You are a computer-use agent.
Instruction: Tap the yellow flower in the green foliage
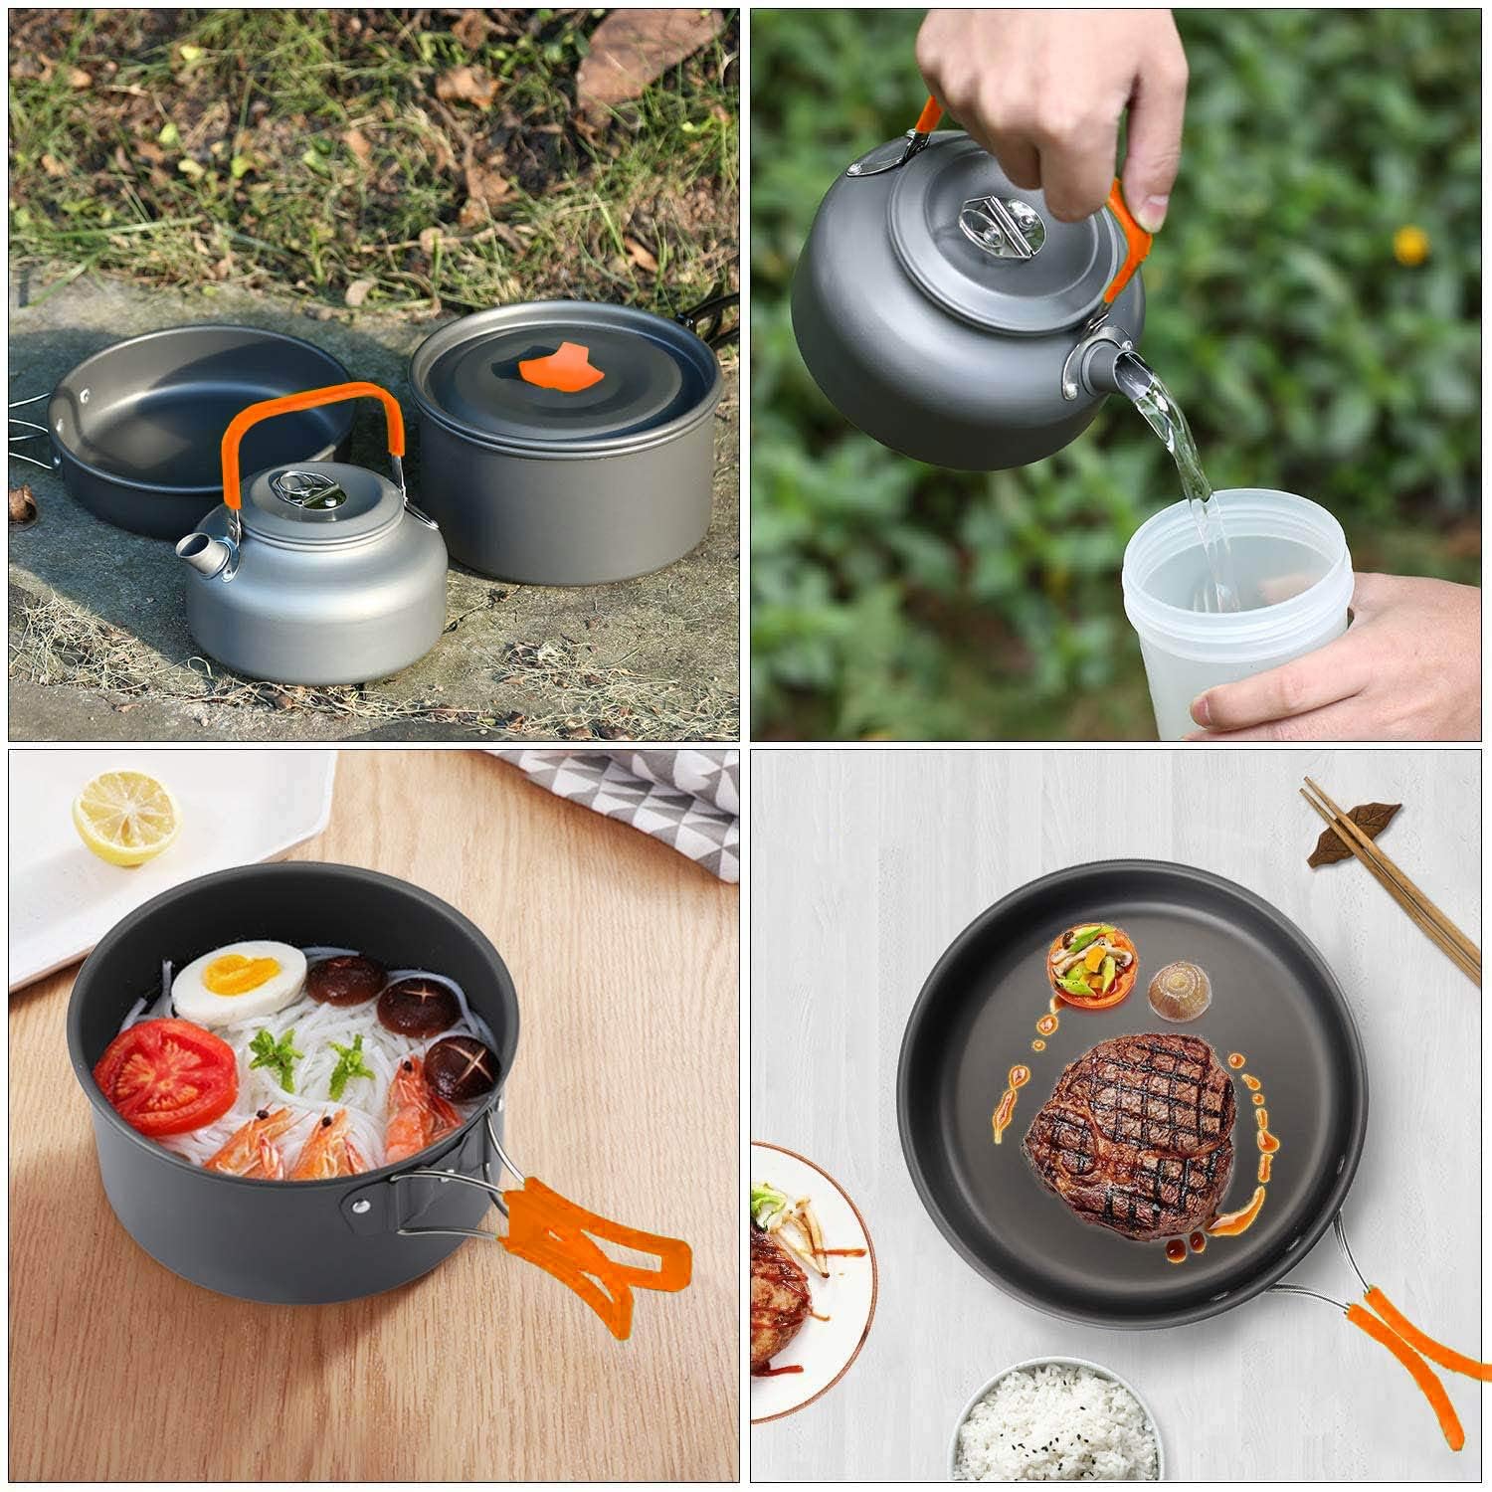tap(1409, 245)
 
